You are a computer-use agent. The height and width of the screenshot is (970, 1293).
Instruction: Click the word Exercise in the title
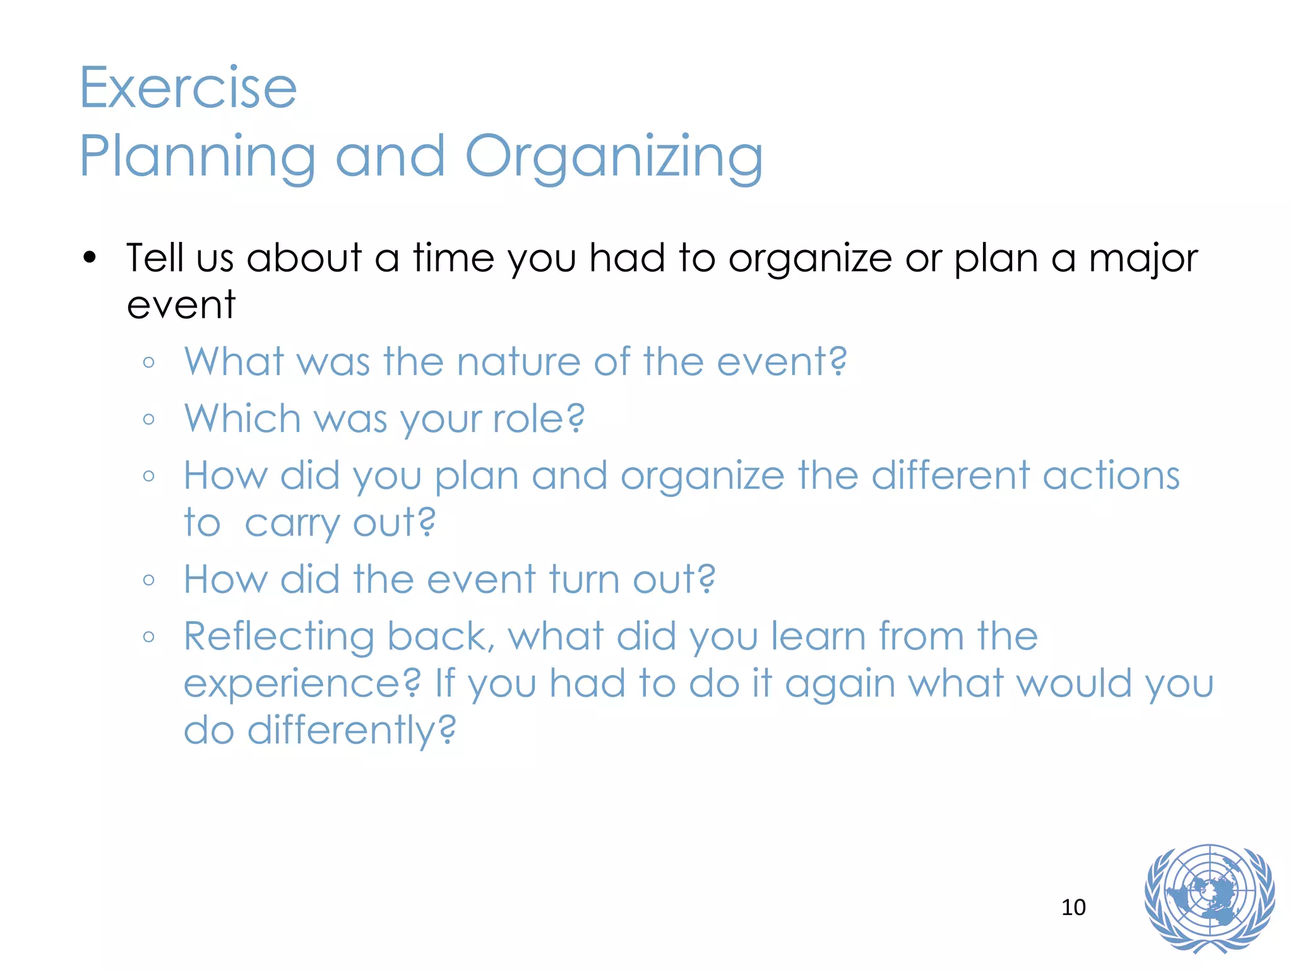(188, 88)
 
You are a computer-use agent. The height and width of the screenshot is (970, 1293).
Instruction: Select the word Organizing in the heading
(614, 157)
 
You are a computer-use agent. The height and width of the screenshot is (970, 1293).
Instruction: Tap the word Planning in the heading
(197, 157)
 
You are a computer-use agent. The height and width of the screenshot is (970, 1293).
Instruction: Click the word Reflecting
(279, 637)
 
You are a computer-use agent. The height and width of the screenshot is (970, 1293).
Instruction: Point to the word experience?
(302, 683)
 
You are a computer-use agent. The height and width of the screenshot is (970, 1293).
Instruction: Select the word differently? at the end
(351, 731)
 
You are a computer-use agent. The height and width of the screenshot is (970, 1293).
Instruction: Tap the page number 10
(1073, 907)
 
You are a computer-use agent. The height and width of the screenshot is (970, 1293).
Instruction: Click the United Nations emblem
(1209, 898)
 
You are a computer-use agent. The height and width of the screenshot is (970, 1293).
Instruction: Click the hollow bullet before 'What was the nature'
(149, 362)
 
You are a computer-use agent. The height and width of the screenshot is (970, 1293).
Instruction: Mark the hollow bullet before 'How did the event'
(149, 580)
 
